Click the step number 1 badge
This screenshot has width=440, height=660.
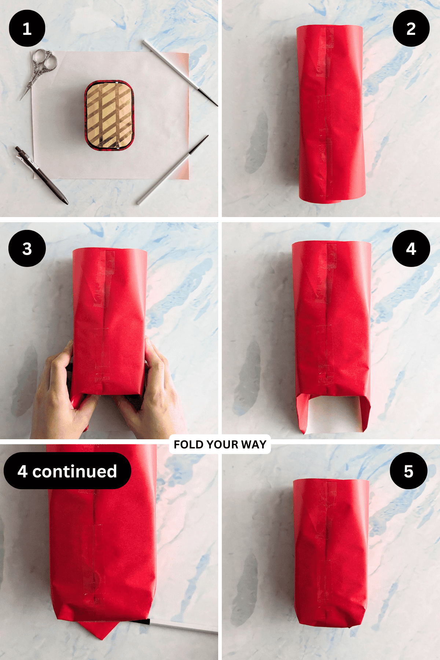click(27, 29)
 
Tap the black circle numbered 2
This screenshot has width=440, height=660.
click(411, 29)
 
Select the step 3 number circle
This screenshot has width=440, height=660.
click(27, 249)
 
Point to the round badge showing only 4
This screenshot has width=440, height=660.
click(411, 249)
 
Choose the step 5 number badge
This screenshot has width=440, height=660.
click(408, 471)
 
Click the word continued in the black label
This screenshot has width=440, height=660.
click(74, 472)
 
